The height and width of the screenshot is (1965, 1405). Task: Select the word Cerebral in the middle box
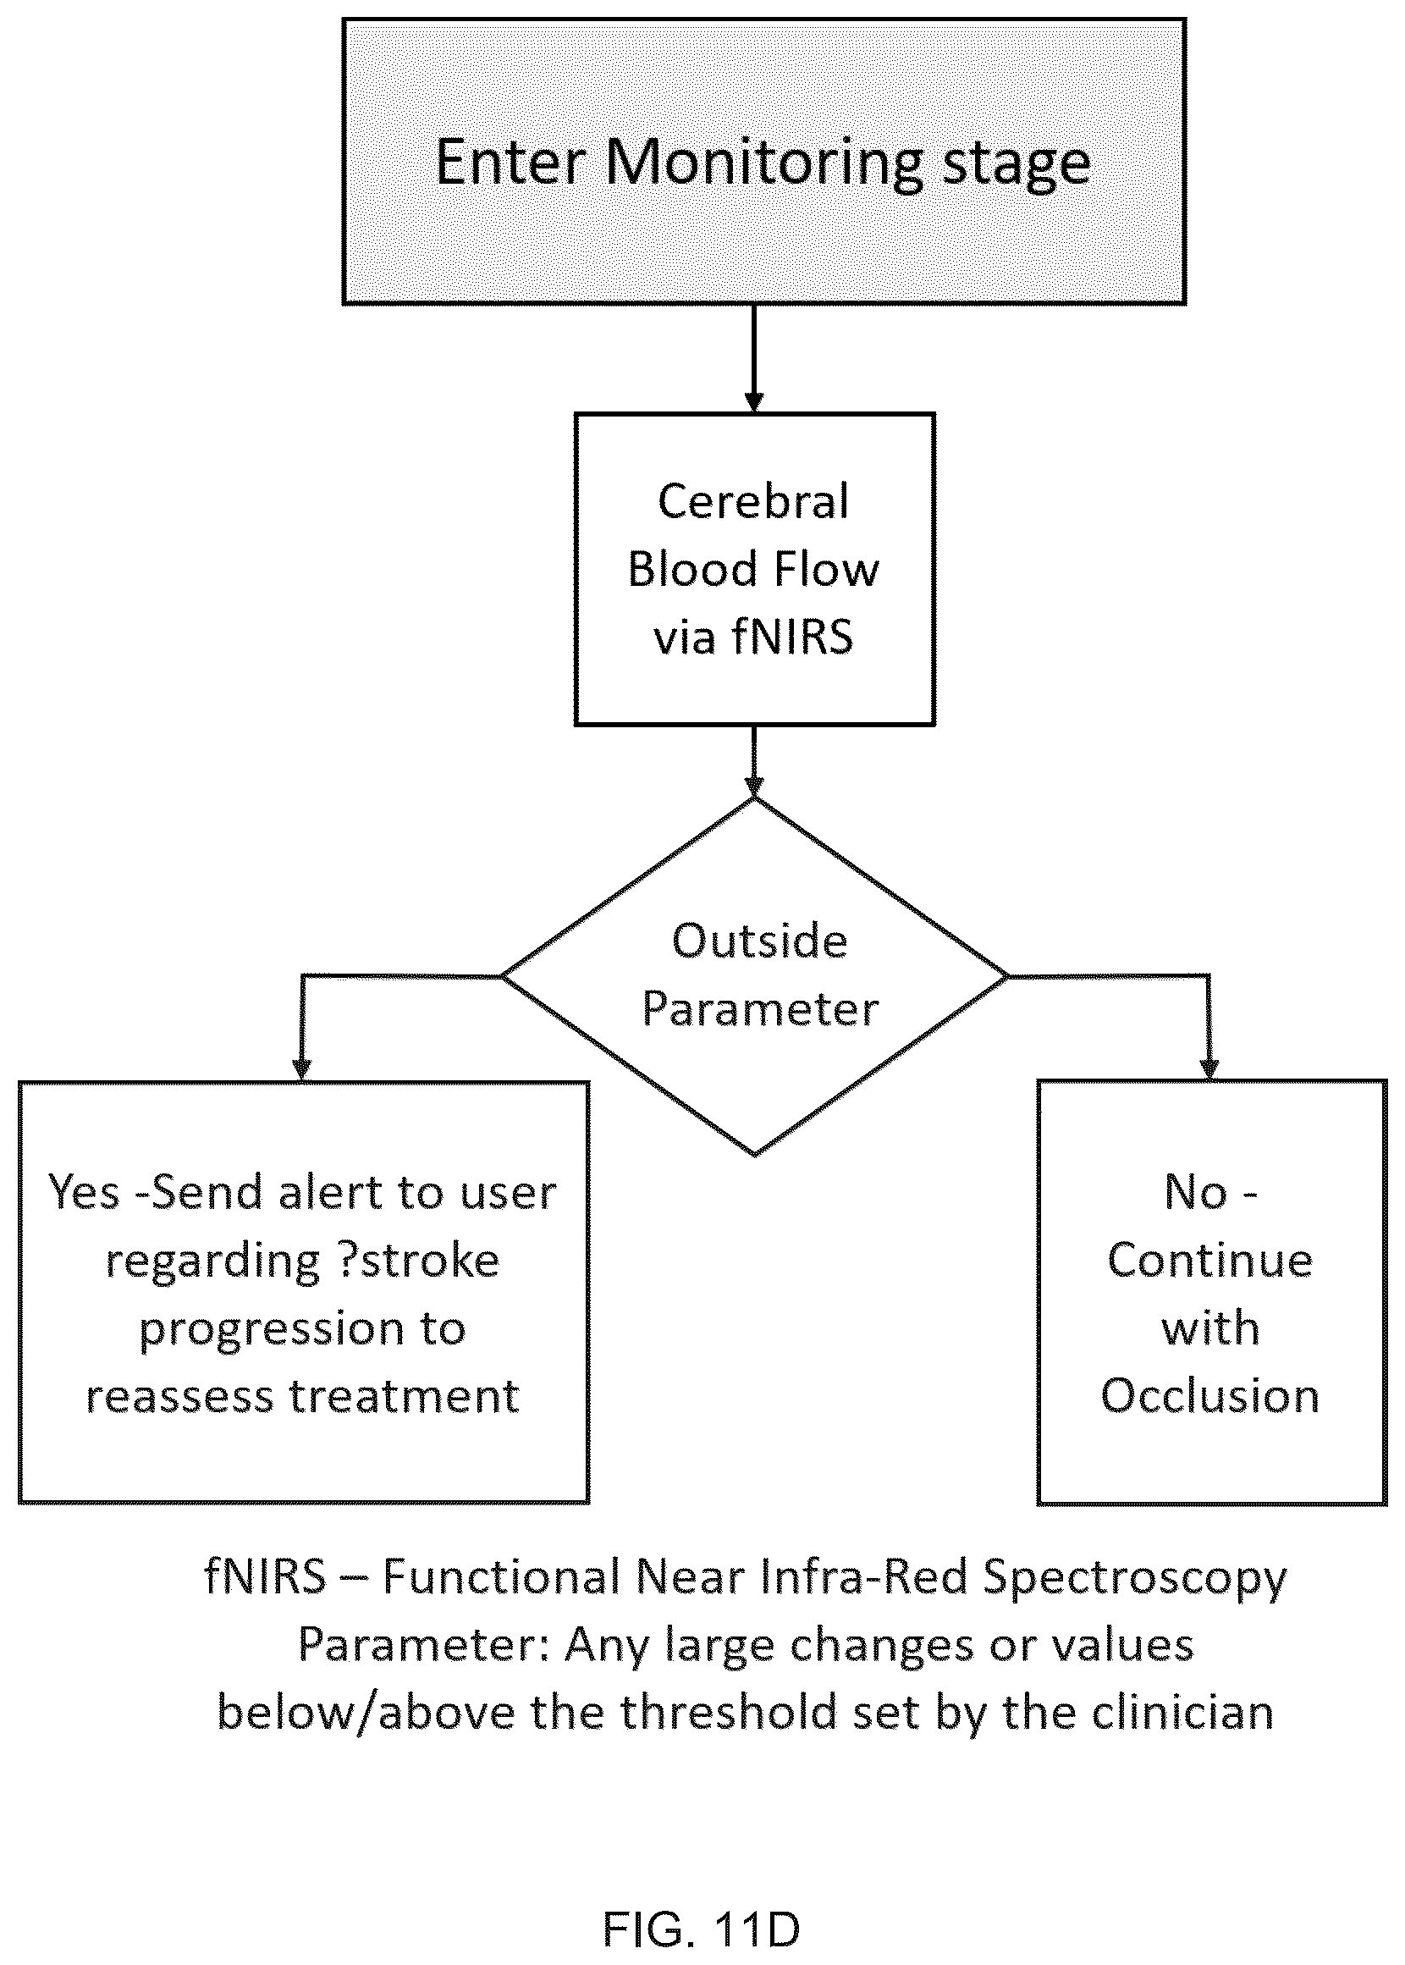[x=753, y=502]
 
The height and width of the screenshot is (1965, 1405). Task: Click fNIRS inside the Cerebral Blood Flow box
[x=792, y=637]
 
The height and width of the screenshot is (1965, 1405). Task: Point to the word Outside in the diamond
[x=759, y=941]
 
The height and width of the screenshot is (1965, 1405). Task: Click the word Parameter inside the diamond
[x=759, y=1010]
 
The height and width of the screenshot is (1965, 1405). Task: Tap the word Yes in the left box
[x=84, y=1193]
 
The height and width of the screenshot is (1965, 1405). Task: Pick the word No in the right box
[x=1197, y=1193]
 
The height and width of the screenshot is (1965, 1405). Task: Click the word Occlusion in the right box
[x=1210, y=1397]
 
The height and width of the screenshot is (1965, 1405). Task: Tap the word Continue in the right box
[x=1210, y=1261]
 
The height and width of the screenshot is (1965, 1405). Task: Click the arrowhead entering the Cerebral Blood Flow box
[x=754, y=402]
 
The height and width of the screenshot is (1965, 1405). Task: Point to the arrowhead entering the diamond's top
[x=754, y=786]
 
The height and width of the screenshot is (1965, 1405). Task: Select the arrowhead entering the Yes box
[x=301, y=1069]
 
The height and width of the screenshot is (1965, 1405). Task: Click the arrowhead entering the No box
[x=1209, y=1069]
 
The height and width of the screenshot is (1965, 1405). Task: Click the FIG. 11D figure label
[x=702, y=1929]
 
